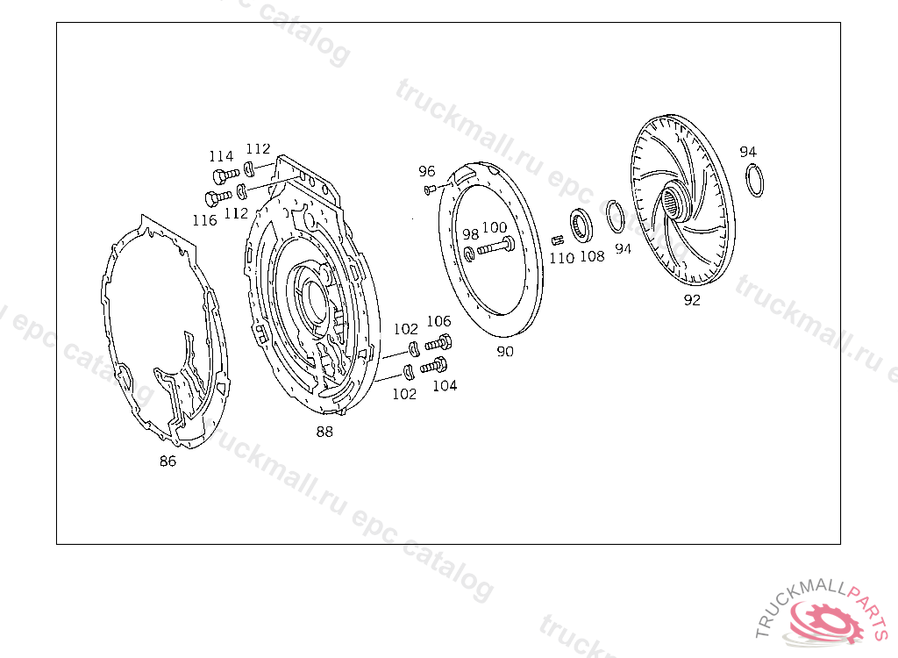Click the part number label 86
coord(167,461)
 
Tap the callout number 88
coord(324,432)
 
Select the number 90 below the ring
coord(504,351)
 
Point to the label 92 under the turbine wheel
coord(692,300)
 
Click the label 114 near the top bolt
coord(221,156)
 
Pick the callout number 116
coord(205,220)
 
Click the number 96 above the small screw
coord(427,171)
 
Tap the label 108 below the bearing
coord(592,256)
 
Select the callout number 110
coord(562,259)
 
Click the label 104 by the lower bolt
coord(445,386)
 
